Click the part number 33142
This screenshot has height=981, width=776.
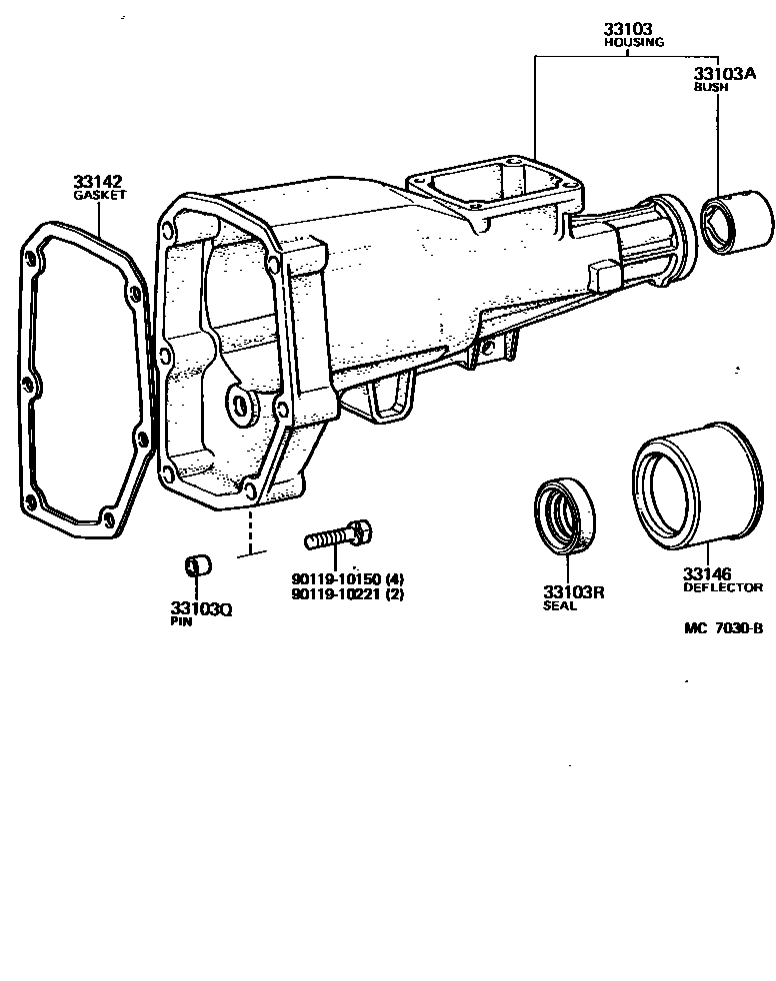click(x=97, y=181)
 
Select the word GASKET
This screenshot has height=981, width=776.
click(x=100, y=195)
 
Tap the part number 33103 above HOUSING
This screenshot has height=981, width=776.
click(x=628, y=30)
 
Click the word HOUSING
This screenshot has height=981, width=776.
click(x=634, y=43)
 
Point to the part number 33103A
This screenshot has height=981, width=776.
click(x=724, y=74)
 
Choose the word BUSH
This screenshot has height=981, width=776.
click(x=711, y=87)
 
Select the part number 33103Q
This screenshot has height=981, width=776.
click(x=200, y=608)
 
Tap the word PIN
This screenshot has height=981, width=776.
click(x=181, y=621)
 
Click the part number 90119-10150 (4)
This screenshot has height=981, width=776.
click(x=348, y=579)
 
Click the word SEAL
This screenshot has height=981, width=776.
click(x=560, y=605)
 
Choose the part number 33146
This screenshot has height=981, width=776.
click(x=707, y=573)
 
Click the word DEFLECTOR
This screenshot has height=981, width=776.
click(x=723, y=587)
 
